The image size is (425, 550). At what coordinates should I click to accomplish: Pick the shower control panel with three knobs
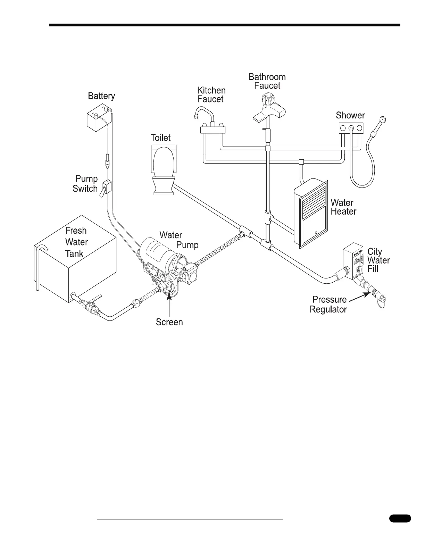(351, 128)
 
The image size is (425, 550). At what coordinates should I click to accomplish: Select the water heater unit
(310, 212)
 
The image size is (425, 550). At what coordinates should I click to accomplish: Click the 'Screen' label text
(169, 322)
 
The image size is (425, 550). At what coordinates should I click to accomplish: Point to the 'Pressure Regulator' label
(328, 304)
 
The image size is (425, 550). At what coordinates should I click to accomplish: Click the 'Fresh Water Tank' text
(76, 242)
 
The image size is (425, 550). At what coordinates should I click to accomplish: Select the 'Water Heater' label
(343, 207)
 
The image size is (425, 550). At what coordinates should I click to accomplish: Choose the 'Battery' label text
(101, 96)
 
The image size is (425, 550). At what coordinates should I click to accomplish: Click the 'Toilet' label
(160, 138)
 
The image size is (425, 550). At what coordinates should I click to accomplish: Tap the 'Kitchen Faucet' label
(211, 95)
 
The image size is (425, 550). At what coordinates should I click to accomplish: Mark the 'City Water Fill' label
(378, 260)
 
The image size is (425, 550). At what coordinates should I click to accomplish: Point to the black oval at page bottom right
(400, 519)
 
